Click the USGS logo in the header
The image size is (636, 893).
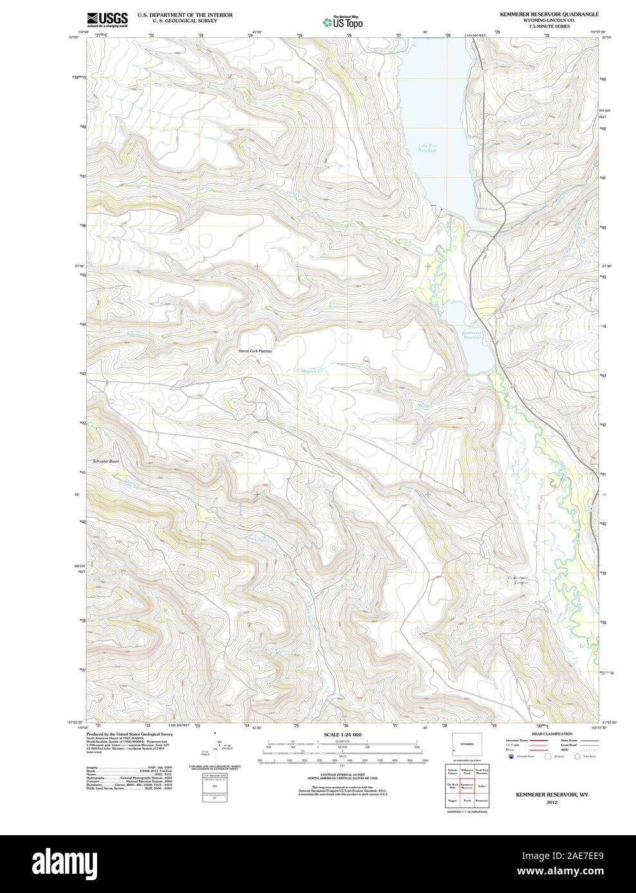(107, 19)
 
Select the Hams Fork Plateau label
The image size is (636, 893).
(256, 351)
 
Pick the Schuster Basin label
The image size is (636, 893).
(106, 461)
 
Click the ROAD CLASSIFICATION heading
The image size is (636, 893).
(543, 734)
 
